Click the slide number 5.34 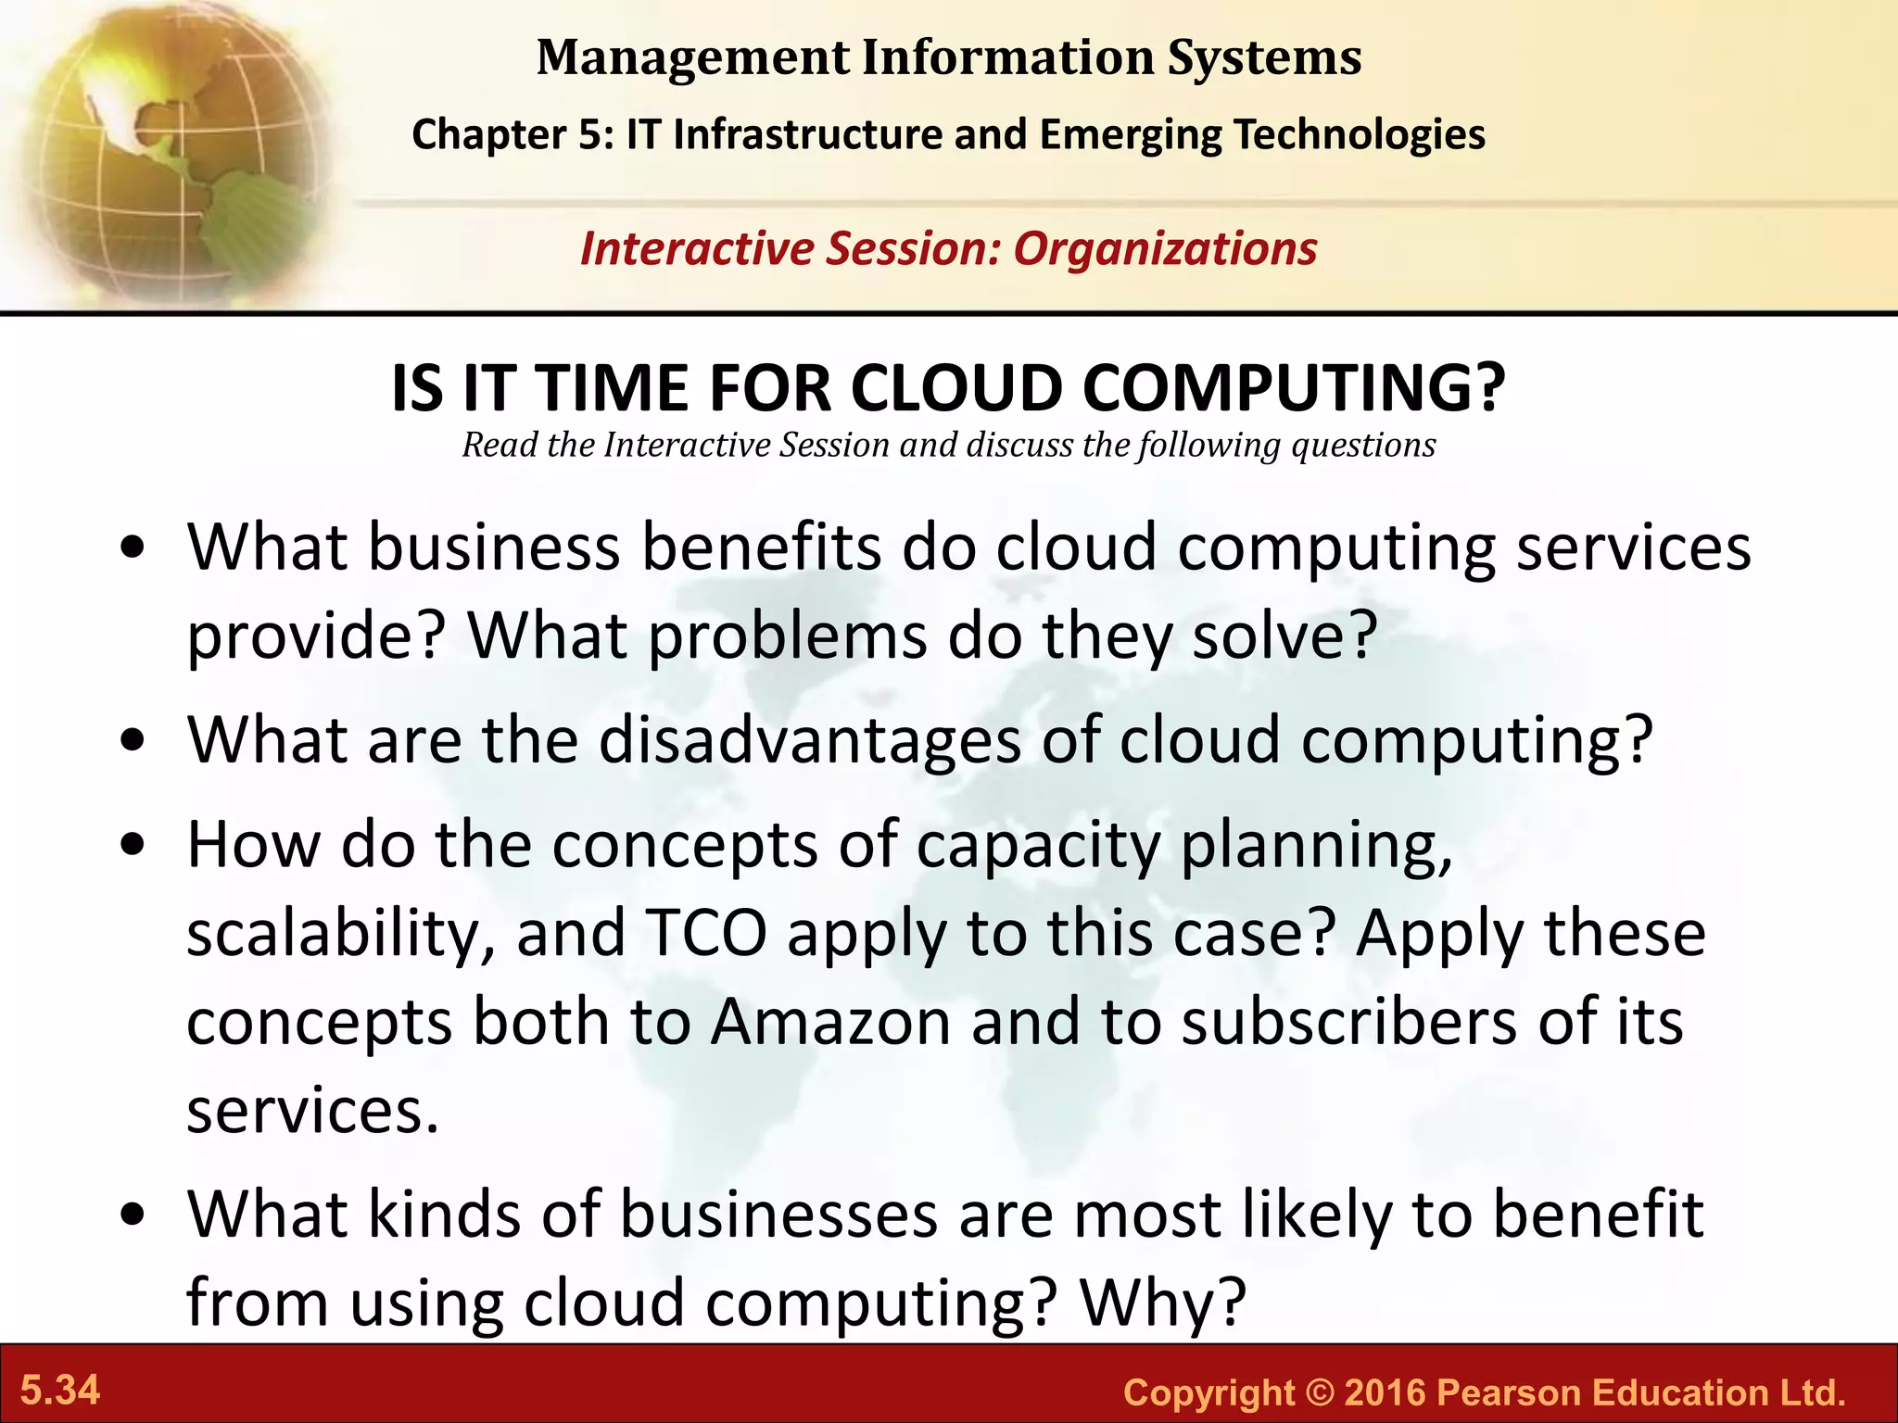click(60, 1391)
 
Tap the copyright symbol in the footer click(1319, 1392)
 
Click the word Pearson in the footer click(1509, 1392)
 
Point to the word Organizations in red click(1165, 248)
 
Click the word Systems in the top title click(1264, 57)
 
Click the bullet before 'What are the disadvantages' click(135, 740)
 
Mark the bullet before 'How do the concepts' click(135, 845)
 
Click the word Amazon click(831, 1022)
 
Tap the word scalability click(340, 933)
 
